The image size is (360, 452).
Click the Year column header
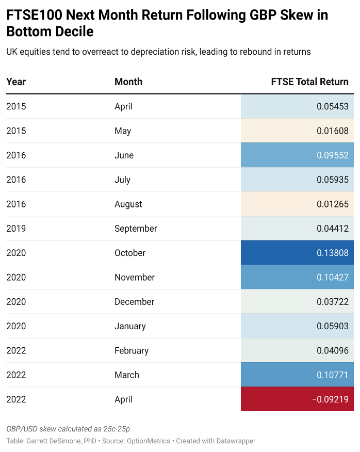(x=16, y=82)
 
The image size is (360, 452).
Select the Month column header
(x=128, y=82)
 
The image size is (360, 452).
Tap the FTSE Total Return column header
(x=309, y=82)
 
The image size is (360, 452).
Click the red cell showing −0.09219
(x=297, y=399)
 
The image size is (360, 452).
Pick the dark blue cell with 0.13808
(x=297, y=253)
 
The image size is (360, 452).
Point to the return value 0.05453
(x=333, y=106)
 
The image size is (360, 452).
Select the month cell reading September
(x=136, y=229)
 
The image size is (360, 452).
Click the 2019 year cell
(x=16, y=229)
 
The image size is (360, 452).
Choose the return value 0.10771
(x=333, y=375)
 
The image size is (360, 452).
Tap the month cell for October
(x=130, y=253)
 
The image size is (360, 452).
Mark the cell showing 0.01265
(x=333, y=204)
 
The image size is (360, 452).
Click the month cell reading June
(x=124, y=155)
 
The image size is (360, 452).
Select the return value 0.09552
(x=333, y=155)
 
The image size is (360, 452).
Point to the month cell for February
(x=132, y=351)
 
